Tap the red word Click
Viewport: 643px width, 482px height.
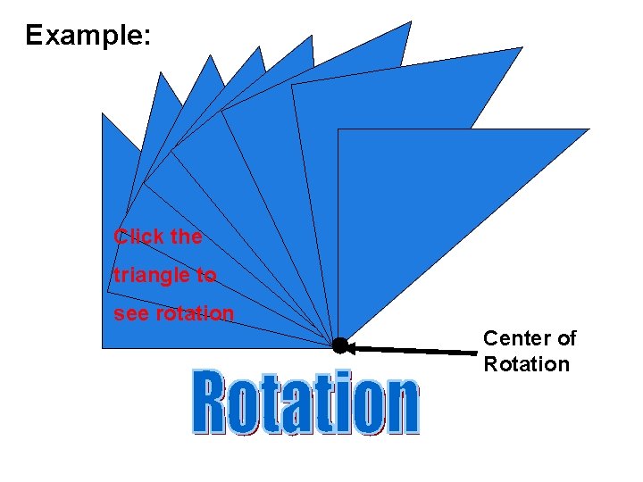click(x=138, y=237)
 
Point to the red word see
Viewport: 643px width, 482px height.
click(x=132, y=314)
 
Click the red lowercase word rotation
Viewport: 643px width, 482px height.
click(x=195, y=314)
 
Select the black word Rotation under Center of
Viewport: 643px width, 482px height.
click(x=526, y=364)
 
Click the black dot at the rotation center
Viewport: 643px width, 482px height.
click(x=339, y=345)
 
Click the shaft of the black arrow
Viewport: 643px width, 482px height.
click(x=420, y=351)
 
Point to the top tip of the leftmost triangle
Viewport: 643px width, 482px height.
click(x=103, y=114)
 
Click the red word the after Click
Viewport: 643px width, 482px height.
click(x=186, y=237)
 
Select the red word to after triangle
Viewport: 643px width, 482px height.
click(x=207, y=276)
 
